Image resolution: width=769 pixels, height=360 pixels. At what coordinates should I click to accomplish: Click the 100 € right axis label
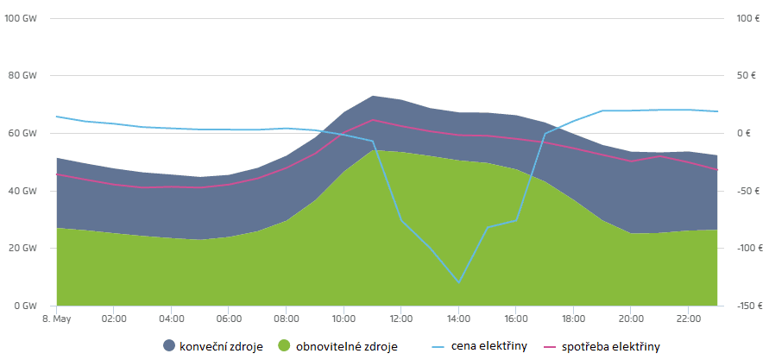pos(747,18)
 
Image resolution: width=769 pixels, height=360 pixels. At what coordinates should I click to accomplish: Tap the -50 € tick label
pos(747,191)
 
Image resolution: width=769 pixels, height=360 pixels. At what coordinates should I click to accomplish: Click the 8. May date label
pos(56,319)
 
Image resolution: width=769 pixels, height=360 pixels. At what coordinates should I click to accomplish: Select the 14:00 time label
pos(458,319)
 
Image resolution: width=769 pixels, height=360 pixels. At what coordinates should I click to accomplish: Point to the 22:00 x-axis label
pos(688,319)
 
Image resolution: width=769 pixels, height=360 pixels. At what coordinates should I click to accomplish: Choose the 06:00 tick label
pos(229,319)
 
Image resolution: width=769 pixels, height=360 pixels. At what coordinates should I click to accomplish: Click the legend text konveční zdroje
pos(220,347)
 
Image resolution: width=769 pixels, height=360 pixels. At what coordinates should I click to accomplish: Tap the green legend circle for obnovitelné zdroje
pos(284,347)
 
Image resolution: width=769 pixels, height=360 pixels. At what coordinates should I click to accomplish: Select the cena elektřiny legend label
pos(489,347)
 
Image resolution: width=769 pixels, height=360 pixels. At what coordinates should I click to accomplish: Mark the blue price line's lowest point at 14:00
pos(458,282)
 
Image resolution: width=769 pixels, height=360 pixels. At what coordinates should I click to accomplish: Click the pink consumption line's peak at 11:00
pos(372,119)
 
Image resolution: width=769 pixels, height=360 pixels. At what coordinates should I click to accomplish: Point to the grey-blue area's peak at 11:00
pos(372,96)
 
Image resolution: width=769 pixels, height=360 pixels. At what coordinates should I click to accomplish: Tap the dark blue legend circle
pos(168,347)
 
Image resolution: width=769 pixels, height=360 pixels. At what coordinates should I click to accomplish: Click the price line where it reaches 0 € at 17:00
pos(545,133)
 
